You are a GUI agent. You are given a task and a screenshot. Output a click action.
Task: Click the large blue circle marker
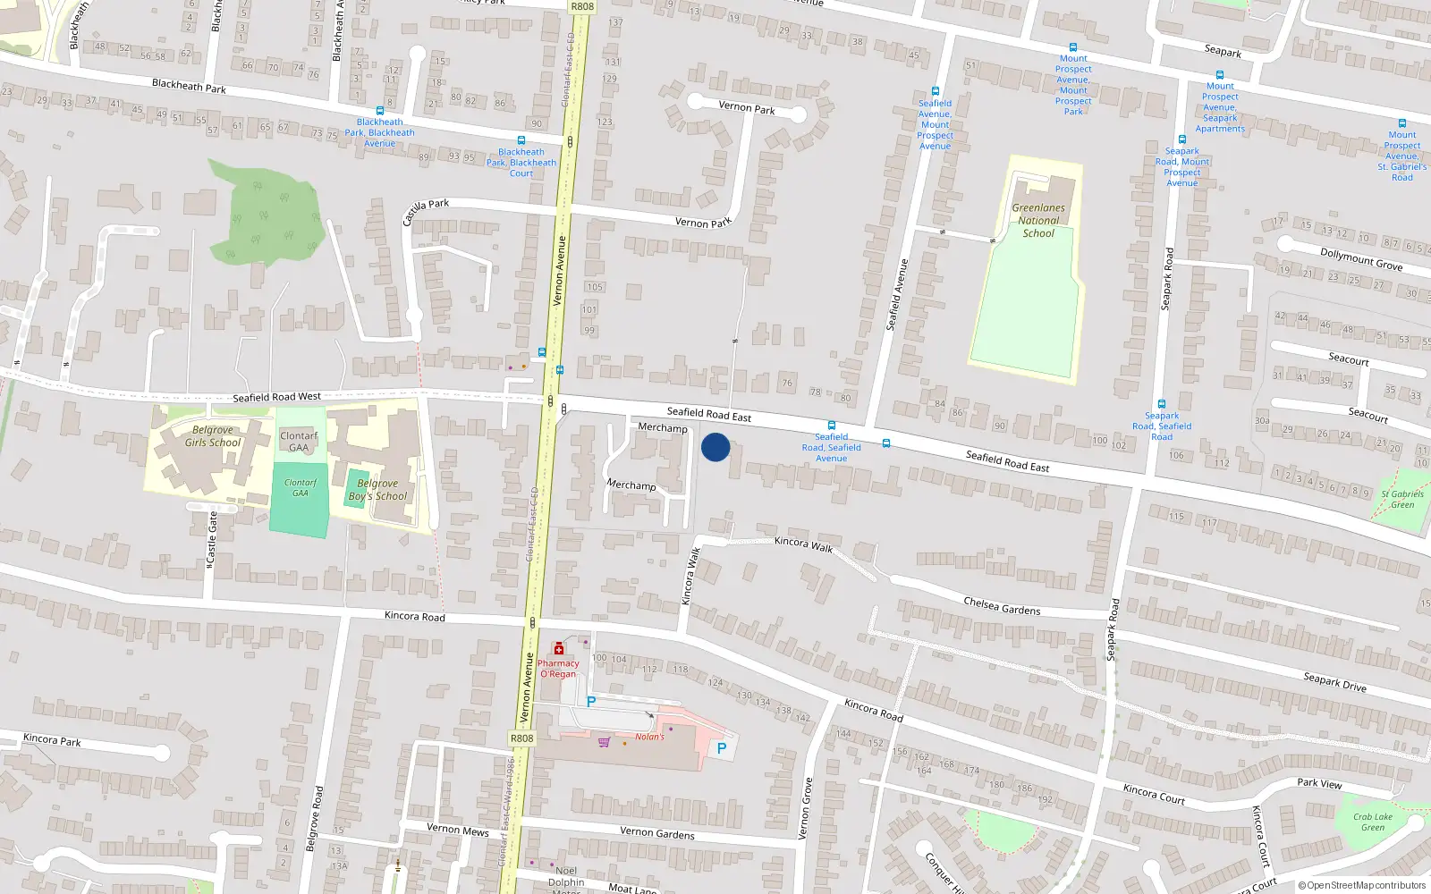(x=715, y=447)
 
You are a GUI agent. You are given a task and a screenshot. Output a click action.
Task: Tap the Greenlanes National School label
(x=1038, y=221)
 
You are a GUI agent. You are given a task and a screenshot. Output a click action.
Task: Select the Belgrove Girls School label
(x=213, y=436)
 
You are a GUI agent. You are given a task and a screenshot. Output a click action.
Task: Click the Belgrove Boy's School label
(x=377, y=490)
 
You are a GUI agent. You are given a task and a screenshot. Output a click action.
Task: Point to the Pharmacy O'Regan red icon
(x=559, y=648)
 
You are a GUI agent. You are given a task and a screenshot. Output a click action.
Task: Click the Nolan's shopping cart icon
(x=604, y=742)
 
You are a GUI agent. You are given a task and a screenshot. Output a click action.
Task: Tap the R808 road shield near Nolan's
(x=521, y=738)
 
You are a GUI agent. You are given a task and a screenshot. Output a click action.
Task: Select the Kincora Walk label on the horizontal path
(x=803, y=544)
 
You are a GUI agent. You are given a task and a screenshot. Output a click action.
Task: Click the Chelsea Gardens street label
(x=1002, y=606)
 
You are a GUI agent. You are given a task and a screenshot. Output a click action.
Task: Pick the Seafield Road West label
(x=276, y=397)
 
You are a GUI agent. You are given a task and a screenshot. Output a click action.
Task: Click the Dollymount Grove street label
(x=1361, y=259)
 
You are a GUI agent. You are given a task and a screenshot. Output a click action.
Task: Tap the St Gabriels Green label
(x=1402, y=499)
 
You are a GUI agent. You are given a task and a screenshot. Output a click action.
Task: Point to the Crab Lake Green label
(x=1373, y=822)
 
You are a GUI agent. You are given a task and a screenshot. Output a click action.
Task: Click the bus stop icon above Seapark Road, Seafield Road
(x=1162, y=404)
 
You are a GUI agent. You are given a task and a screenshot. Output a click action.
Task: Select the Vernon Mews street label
(x=457, y=830)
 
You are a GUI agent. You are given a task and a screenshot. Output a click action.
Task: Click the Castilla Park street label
(x=426, y=211)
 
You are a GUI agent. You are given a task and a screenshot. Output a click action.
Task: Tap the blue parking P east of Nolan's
(x=722, y=748)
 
